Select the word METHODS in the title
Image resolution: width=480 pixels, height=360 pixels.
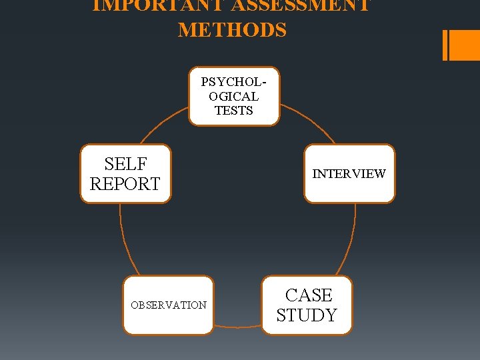coord(232,30)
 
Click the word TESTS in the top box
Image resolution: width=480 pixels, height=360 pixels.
coord(234,111)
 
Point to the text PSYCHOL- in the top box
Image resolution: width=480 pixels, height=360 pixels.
coord(234,83)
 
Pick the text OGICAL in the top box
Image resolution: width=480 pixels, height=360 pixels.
coord(234,97)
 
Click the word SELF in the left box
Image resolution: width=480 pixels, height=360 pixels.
coord(125,164)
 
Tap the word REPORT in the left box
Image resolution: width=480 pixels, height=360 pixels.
coord(125,183)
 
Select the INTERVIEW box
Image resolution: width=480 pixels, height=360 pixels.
coord(349,173)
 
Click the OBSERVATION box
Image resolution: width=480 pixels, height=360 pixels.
coord(169,305)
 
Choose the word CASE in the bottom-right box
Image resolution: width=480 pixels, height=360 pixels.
coord(308,295)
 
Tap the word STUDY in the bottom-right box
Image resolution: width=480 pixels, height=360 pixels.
coord(307,315)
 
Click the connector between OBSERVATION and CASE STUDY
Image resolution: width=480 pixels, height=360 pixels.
coord(237,327)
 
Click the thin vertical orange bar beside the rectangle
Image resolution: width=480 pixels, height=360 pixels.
coord(445,45)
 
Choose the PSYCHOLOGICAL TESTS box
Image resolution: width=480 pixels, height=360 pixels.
coord(234,96)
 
